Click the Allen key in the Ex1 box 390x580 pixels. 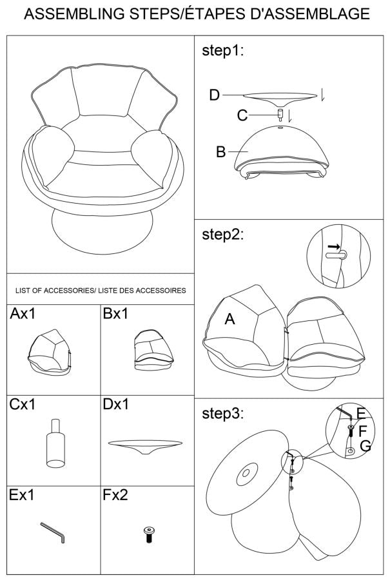[x=53, y=532]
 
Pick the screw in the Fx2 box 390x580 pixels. [x=149, y=534]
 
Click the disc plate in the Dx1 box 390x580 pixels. [x=145, y=447]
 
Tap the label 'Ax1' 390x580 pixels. [x=23, y=314]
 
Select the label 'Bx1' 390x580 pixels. [x=115, y=314]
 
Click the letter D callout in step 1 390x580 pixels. [x=214, y=95]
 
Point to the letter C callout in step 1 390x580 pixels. [x=242, y=115]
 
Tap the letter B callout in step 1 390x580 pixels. [x=220, y=151]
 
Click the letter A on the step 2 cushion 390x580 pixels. [x=229, y=319]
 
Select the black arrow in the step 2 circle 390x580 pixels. [x=334, y=246]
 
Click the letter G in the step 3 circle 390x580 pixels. [x=366, y=446]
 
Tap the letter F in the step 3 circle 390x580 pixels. [x=363, y=430]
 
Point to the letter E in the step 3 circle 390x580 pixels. [x=361, y=414]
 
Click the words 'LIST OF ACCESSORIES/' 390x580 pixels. [x=55, y=291]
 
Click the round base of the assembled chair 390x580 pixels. [x=102, y=232]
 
